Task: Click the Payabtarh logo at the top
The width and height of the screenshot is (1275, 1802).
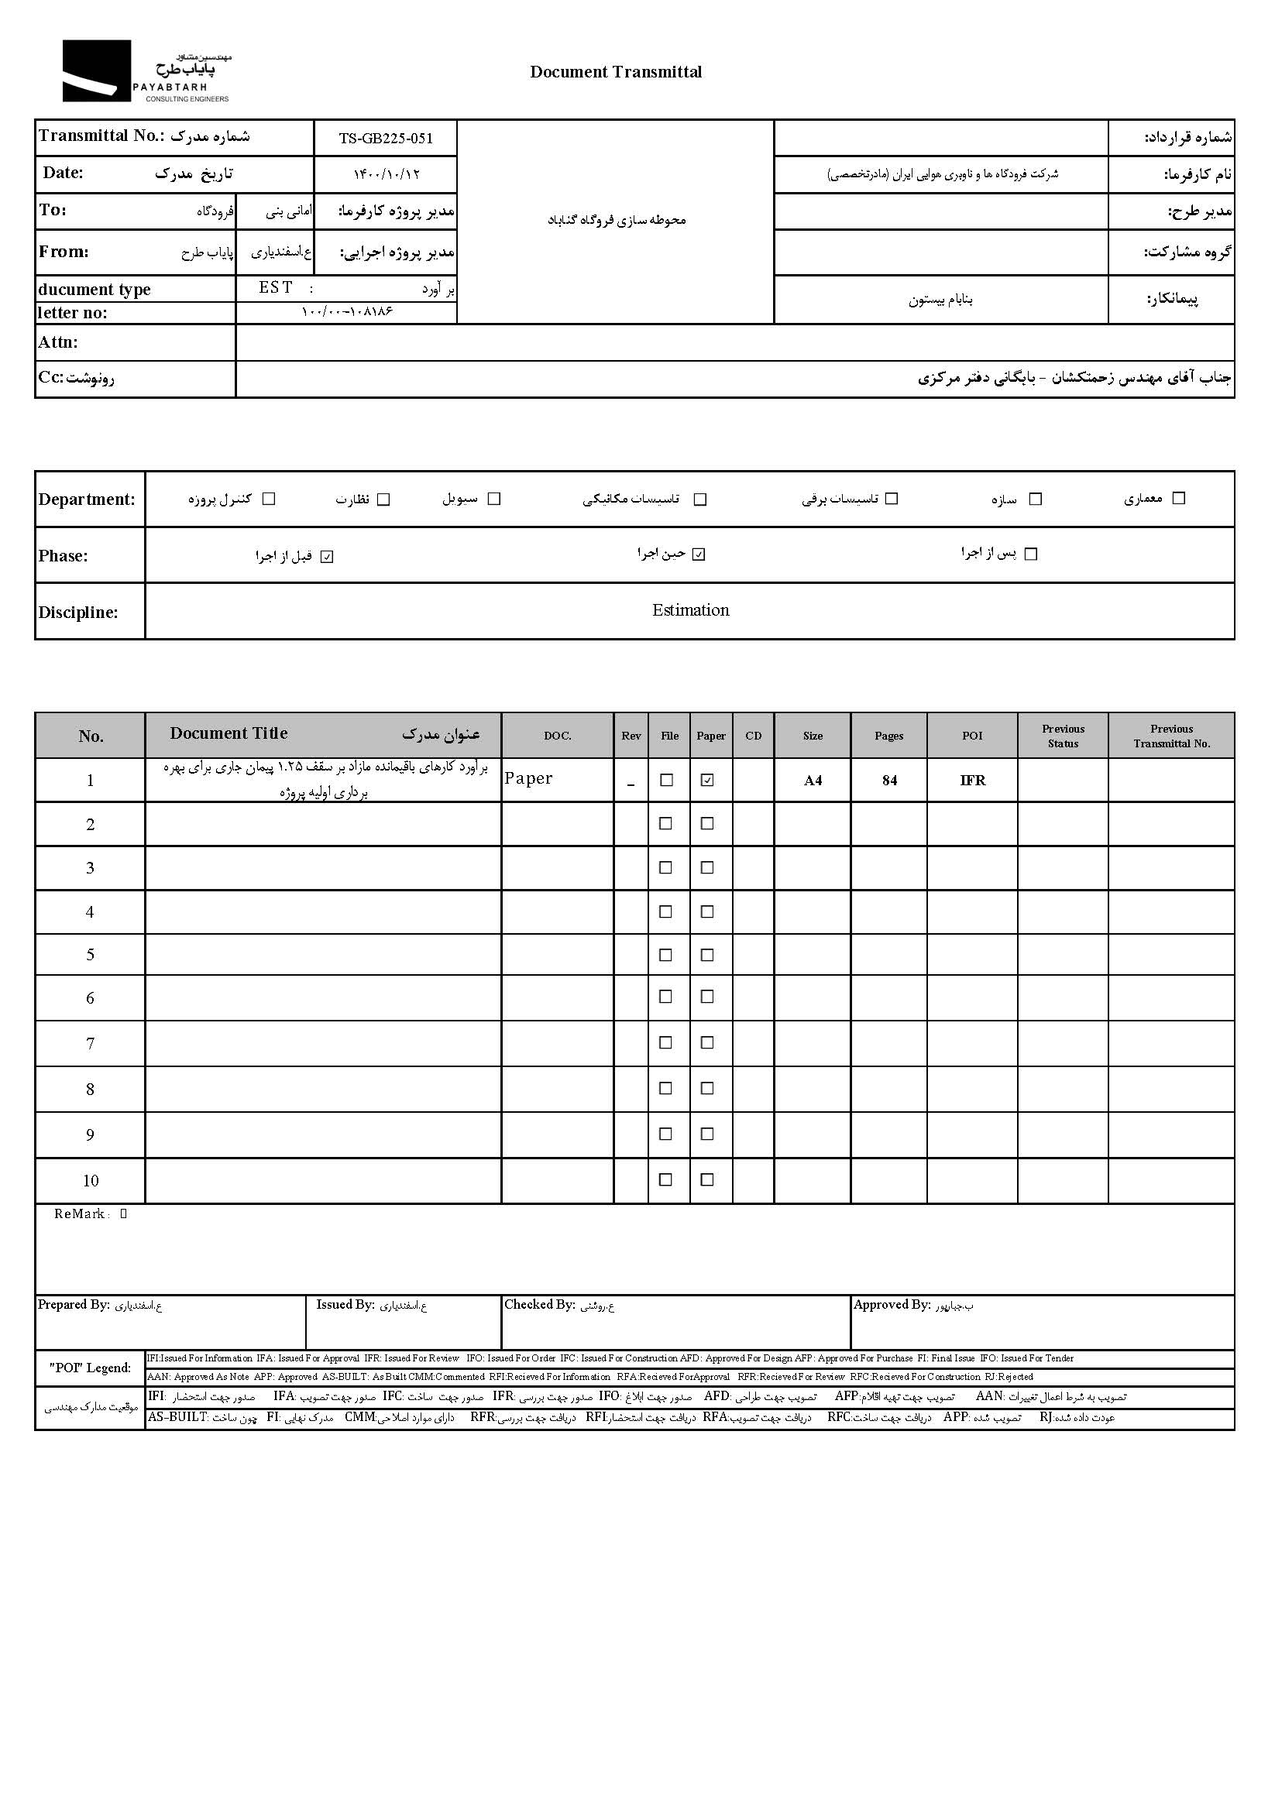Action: pos(146,71)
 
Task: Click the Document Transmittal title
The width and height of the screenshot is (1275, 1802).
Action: pos(616,72)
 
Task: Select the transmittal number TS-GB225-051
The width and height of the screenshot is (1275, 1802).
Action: pos(386,138)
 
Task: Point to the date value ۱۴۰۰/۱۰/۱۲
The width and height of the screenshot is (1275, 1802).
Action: pos(387,174)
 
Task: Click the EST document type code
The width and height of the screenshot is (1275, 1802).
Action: pos(276,288)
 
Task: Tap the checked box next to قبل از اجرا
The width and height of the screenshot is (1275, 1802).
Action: pos(328,558)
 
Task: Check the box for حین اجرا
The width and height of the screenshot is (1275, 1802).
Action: pos(699,555)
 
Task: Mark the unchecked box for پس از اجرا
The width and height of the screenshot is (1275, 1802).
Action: pos(1032,554)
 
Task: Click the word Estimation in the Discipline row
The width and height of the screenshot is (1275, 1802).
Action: pos(690,611)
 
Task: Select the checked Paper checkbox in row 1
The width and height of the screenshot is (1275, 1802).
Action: pos(707,780)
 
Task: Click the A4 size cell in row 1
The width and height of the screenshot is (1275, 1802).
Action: pos(813,780)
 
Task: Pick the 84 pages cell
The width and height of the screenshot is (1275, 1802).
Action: pos(888,780)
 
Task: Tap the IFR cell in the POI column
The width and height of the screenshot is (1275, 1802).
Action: pos(972,780)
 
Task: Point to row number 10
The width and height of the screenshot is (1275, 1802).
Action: pos(91,1181)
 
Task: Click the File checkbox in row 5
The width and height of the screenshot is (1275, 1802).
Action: pos(665,955)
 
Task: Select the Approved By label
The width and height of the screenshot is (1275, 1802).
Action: pos(891,1304)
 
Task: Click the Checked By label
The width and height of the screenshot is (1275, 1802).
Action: pos(539,1304)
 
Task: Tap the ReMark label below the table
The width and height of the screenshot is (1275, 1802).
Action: pos(79,1214)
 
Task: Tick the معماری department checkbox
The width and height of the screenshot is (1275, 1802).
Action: pos(1178,499)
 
